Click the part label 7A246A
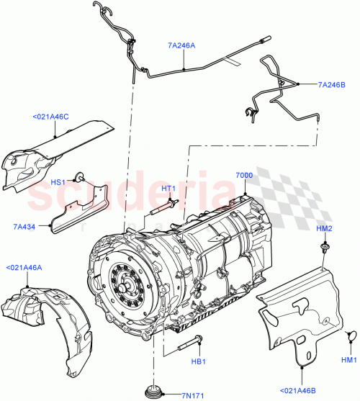181,45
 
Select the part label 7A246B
333,84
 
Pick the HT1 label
168,189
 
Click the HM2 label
324,228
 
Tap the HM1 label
349,359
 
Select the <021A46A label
24,266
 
